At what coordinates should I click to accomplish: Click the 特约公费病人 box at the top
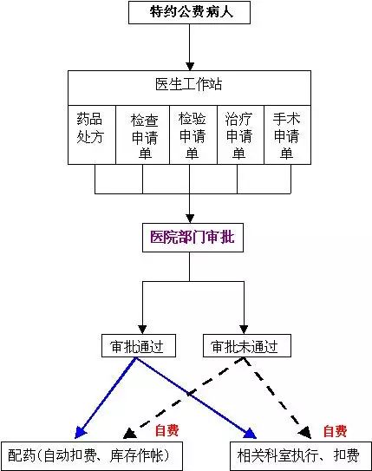pyautogui.click(x=189, y=13)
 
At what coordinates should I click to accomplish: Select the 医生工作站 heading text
pyautogui.click(x=189, y=84)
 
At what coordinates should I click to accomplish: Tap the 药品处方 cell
pyautogui.click(x=92, y=134)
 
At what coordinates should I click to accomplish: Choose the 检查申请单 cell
pyautogui.click(x=142, y=134)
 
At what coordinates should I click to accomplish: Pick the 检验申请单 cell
pyautogui.click(x=193, y=134)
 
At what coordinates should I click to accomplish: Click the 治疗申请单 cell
pyautogui.click(x=240, y=134)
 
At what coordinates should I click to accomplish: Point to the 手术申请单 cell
pyautogui.click(x=287, y=134)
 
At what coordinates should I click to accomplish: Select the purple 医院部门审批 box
pyautogui.click(x=193, y=238)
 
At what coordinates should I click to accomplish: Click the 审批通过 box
pyautogui.click(x=139, y=346)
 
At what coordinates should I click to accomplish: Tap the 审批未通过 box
pyautogui.click(x=247, y=346)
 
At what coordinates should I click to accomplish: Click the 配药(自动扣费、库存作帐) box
pyautogui.click(x=92, y=455)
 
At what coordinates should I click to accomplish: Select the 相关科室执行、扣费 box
pyautogui.click(x=301, y=455)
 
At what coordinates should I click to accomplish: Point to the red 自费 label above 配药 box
pyautogui.click(x=167, y=430)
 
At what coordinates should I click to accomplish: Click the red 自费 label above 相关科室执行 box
pyautogui.click(x=335, y=431)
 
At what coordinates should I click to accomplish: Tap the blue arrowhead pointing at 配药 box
pyautogui.click(x=80, y=433)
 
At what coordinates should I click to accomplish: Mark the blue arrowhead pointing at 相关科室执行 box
pyautogui.click(x=250, y=433)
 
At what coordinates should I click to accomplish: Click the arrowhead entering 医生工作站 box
pyautogui.click(x=189, y=66)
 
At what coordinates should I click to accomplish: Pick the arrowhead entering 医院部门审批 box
pyautogui.click(x=189, y=219)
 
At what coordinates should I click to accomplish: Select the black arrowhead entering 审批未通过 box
pyautogui.click(x=244, y=330)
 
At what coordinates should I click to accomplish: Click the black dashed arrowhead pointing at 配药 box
pyautogui.click(x=129, y=434)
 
